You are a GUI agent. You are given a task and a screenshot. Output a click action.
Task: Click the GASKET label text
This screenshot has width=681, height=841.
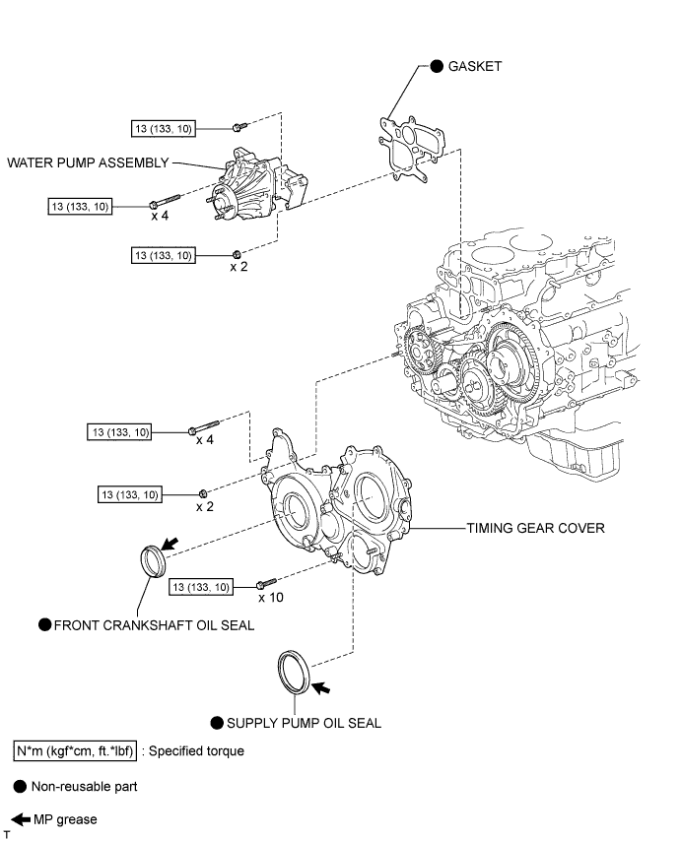coord(476,66)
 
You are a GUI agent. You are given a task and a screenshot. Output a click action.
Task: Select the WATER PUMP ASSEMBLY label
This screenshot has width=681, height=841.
coord(88,162)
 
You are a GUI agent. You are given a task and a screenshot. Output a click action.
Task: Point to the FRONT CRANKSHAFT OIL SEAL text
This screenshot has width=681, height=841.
coord(154,624)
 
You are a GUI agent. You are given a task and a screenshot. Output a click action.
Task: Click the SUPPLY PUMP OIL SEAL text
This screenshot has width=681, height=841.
coord(304,723)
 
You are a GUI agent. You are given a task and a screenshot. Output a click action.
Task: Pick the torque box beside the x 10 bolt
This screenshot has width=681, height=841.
coord(202,587)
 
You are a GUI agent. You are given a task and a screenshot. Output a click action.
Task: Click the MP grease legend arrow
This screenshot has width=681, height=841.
coord(21,818)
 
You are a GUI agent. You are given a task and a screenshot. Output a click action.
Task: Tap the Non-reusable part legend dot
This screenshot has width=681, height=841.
coord(20,787)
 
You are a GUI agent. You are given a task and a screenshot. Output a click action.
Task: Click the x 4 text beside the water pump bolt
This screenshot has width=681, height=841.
coord(161,216)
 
